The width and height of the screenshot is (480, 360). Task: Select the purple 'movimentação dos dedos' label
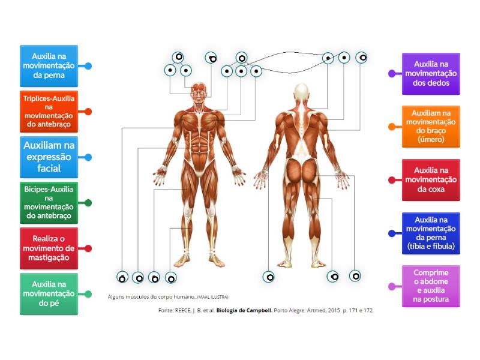(431, 73)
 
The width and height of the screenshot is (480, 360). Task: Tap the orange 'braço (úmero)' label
(431, 126)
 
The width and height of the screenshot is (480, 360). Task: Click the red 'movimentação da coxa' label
(431, 179)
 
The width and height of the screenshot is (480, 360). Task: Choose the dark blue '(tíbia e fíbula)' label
(431, 233)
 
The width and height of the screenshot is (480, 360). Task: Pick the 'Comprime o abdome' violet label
(431, 286)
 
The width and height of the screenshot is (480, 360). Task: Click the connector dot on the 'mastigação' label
(88, 248)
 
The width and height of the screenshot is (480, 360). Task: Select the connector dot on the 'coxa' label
(392, 179)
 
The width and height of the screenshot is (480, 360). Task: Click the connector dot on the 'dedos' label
(392, 73)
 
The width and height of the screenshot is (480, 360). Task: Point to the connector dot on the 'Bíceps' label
(88, 203)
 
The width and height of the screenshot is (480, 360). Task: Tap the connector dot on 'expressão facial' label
(88, 157)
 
